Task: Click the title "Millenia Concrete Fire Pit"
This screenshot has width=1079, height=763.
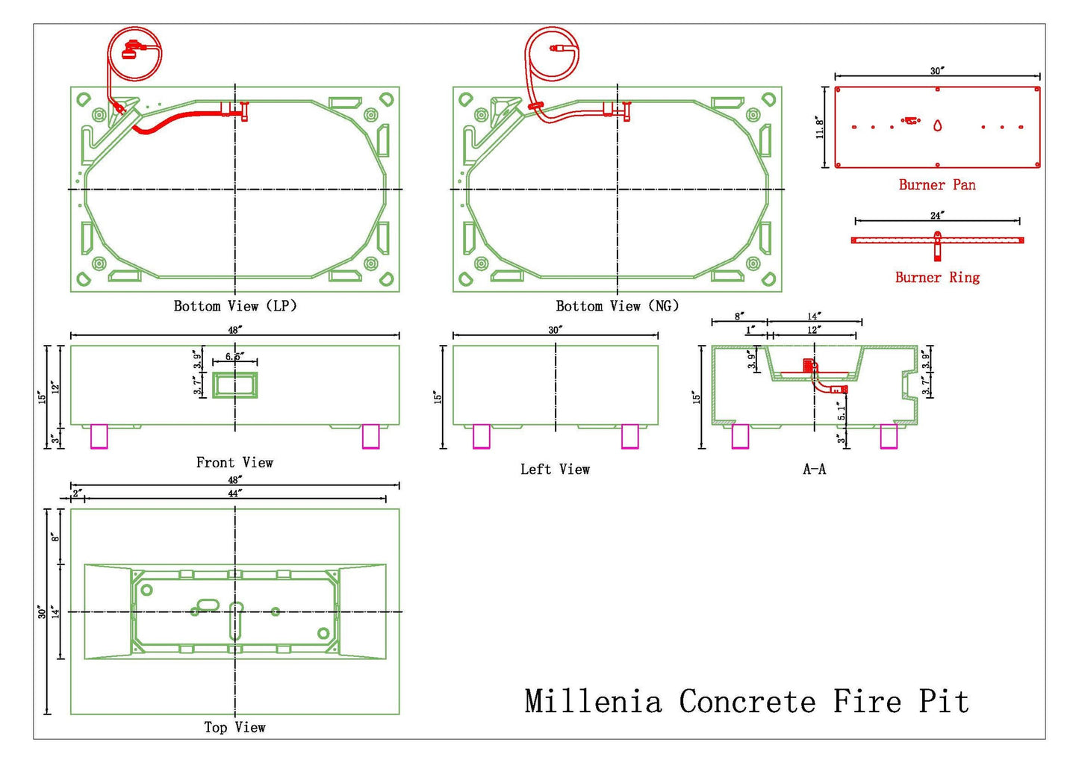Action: click(x=747, y=702)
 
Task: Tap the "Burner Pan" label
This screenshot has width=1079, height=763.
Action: click(x=937, y=185)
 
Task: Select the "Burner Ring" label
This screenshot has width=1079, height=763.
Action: click(x=937, y=278)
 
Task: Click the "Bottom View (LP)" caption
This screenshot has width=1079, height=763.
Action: click(x=235, y=306)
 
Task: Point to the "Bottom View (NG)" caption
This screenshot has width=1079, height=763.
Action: click(x=618, y=306)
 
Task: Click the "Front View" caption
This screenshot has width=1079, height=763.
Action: click(x=234, y=462)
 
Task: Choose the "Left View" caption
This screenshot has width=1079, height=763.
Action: click(x=555, y=469)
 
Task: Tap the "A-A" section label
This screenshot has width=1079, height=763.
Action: click(x=814, y=469)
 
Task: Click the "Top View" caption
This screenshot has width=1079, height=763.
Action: click(x=234, y=727)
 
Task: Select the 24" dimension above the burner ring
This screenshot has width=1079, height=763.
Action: click(x=937, y=216)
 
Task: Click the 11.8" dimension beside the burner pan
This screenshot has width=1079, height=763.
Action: click(x=820, y=127)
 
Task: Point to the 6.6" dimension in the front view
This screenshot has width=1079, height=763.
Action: click(x=234, y=356)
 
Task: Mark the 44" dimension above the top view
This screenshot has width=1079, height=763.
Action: click(x=234, y=493)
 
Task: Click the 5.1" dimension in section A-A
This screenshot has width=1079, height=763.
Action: click(x=841, y=411)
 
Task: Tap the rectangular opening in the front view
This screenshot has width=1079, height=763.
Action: click(x=235, y=385)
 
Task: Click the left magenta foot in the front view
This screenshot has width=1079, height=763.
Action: click(x=99, y=437)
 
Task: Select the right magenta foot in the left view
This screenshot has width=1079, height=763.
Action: click(x=630, y=437)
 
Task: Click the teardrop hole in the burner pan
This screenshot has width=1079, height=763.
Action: click(x=937, y=125)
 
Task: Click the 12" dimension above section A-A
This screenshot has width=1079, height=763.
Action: click(x=813, y=330)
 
